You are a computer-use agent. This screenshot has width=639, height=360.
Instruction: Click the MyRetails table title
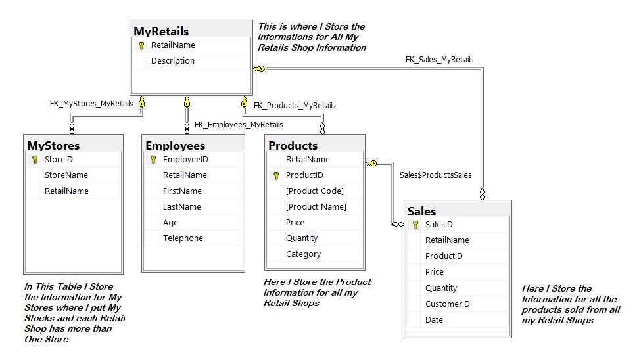tap(161, 31)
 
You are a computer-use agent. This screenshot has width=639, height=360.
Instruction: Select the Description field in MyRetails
tap(172, 61)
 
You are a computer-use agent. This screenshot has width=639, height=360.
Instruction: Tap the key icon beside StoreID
tap(35, 160)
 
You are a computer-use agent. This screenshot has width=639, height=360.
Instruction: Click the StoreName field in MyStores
tap(66, 175)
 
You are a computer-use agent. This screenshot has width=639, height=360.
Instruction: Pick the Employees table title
tap(175, 146)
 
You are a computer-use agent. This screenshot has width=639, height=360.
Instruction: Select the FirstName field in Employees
tap(182, 191)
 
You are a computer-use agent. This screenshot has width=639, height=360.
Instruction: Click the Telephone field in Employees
tap(183, 238)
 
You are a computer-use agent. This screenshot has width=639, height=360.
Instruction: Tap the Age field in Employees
tap(170, 223)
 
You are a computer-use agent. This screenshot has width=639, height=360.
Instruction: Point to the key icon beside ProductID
tap(276, 175)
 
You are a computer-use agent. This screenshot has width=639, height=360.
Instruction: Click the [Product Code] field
tap(314, 191)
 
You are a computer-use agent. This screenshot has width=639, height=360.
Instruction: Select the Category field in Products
tap(303, 254)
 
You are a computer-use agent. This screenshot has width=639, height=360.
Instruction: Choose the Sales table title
tap(421, 211)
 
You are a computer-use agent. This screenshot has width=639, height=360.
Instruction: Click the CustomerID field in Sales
tap(447, 304)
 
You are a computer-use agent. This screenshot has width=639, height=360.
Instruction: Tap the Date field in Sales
tap(434, 320)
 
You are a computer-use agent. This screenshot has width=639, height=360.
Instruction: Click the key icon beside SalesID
tap(415, 225)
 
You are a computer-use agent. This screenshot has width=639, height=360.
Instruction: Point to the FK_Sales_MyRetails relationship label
tap(439, 60)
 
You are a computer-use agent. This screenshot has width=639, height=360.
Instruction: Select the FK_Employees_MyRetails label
tap(239, 125)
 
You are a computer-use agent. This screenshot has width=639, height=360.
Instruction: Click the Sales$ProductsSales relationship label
tap(435, 175)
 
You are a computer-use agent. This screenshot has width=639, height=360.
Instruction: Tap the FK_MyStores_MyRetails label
tap(91, 104)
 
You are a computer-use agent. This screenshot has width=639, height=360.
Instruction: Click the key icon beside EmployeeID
tap(154, 160)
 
